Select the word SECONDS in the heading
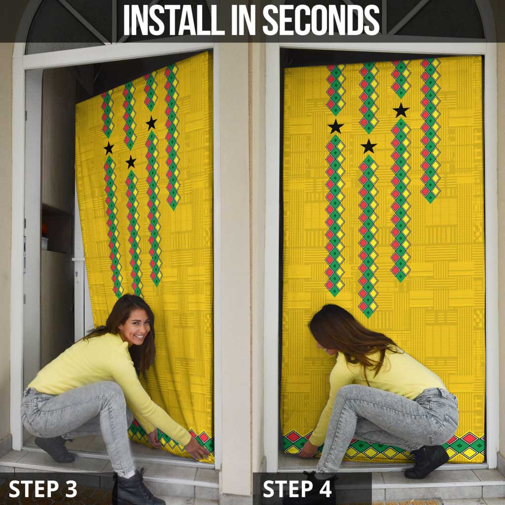point(321,20)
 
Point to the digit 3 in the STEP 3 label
point(71,489)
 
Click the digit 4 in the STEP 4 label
point(325,489)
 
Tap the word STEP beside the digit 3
point(34,489)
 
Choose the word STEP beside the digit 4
point(288,489)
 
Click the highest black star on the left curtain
point(151,123)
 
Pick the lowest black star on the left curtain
point(131,162)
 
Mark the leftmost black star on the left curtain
point(109,148)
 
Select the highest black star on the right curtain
point(401,110)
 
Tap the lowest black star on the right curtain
point(369,146)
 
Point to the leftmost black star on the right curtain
point(335,127)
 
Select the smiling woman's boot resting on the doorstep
point(55,449)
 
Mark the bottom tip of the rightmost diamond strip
point(430,203)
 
